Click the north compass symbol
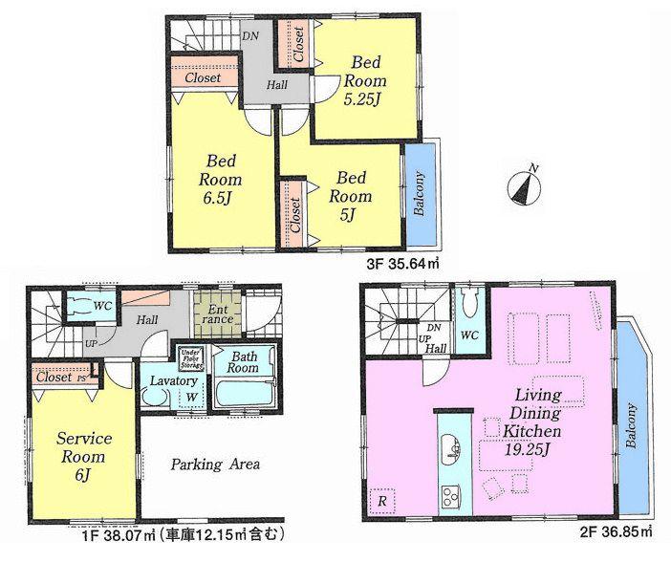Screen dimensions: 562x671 click(522, 185)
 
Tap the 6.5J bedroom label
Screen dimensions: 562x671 click(220, 179)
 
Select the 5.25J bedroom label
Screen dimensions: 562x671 click(364, 78)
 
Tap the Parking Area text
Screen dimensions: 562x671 click(215, 465)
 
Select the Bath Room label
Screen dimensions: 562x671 click(243, 361)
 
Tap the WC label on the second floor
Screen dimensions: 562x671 click(467, 335)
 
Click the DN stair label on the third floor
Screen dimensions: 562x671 click(250, 35)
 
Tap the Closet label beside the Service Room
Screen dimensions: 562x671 click(53, 377)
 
